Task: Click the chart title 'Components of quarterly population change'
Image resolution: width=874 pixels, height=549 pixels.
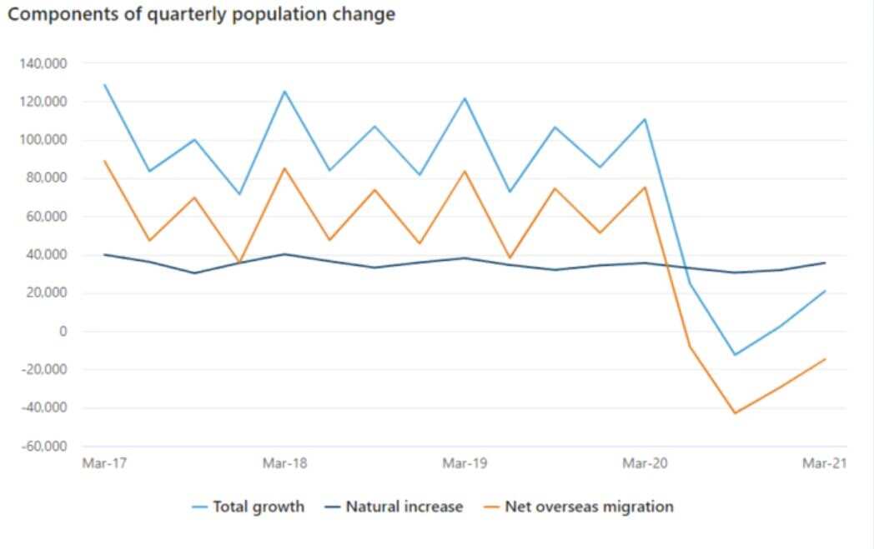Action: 201,14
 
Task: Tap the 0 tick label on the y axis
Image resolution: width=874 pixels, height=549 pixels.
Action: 63,332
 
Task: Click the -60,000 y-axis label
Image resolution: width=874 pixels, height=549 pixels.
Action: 43,447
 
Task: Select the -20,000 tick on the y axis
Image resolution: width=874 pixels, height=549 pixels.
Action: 43,370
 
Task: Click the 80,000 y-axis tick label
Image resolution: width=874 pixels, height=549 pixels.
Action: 46,178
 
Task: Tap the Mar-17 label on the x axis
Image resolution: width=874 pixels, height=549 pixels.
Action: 103,463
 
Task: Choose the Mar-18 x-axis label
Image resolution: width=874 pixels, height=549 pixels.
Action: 284,463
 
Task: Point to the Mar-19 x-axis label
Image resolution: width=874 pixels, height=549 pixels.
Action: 465,463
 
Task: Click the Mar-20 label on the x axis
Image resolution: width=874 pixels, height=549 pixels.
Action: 645,463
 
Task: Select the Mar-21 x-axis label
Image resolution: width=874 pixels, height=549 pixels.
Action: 825,463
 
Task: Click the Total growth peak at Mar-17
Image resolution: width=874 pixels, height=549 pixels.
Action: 104,85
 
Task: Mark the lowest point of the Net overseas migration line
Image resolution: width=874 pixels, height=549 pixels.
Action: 735,413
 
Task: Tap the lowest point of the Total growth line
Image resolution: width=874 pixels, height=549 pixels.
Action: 735,355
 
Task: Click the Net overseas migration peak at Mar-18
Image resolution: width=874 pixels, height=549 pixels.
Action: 284,168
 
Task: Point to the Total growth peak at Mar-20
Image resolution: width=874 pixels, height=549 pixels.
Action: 645,119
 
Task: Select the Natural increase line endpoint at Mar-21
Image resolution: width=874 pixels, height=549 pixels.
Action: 825,262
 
